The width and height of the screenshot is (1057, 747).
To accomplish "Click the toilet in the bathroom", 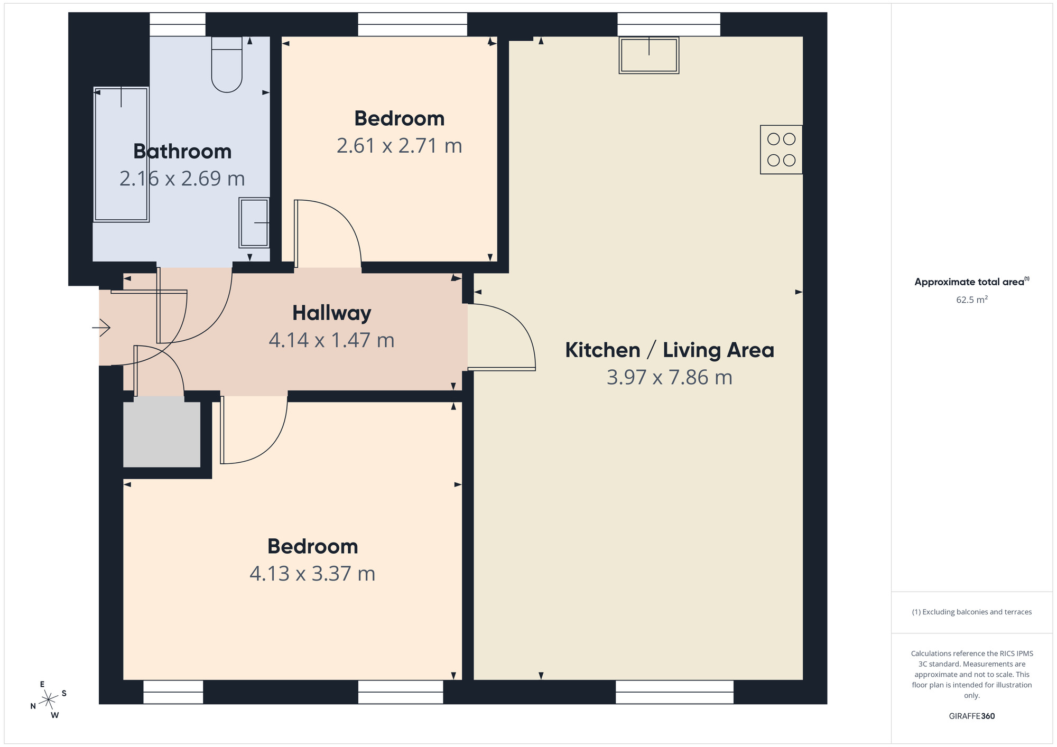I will pos(227,64).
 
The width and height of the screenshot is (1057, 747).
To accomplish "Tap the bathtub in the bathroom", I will pos(121,154).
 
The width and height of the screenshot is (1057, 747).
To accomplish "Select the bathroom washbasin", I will pos(254,222).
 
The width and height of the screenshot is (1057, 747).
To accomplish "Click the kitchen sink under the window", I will pos(649,55).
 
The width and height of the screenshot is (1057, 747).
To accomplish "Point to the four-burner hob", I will pos(781,150).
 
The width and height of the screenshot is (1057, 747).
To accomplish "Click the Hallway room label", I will pos(332,313).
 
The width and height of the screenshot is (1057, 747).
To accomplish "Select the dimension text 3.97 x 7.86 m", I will pos(669,377).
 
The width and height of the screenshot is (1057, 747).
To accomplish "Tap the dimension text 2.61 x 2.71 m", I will pos(399,145).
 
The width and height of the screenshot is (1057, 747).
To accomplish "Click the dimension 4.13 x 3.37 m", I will pos(312,573).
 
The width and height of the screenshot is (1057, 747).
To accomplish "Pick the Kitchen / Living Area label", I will pos(669,350).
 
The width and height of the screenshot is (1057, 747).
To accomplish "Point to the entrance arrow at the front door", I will pos(101,328).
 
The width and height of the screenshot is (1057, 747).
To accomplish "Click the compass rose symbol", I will pos(49,699).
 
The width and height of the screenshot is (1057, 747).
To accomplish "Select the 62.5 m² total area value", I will pos(971,300).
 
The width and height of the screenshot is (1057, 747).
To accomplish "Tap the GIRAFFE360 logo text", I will pos(971,716).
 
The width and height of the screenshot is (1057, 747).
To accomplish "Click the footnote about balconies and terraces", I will pos(971,612).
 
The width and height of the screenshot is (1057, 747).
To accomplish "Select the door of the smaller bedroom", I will pos(328,232).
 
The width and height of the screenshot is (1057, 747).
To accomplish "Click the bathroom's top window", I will pos(177,24).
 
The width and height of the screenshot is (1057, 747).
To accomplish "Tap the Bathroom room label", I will pos(182,152).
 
